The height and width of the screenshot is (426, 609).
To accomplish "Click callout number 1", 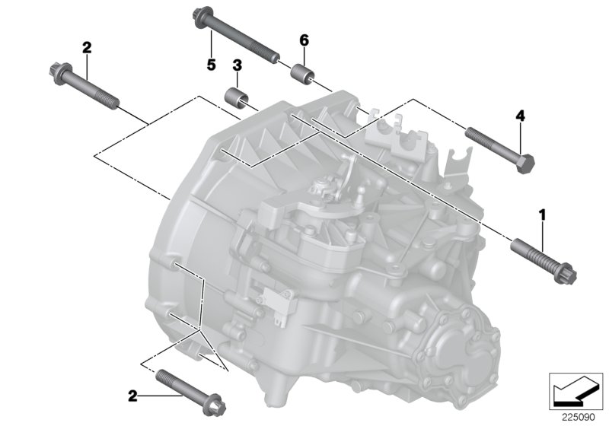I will (x=543, y=216).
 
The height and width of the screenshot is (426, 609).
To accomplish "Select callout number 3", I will (x=237, y=66).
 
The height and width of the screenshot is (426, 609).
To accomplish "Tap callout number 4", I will (x=521, y=116).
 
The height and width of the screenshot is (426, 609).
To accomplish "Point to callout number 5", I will (x=211, y=65).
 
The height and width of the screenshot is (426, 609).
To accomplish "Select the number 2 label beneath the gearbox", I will (x=132, y=396).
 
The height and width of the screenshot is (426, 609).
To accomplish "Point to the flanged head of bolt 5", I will (x=203, y=16).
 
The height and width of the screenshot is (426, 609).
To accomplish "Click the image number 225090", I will (x=577, y=415).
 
